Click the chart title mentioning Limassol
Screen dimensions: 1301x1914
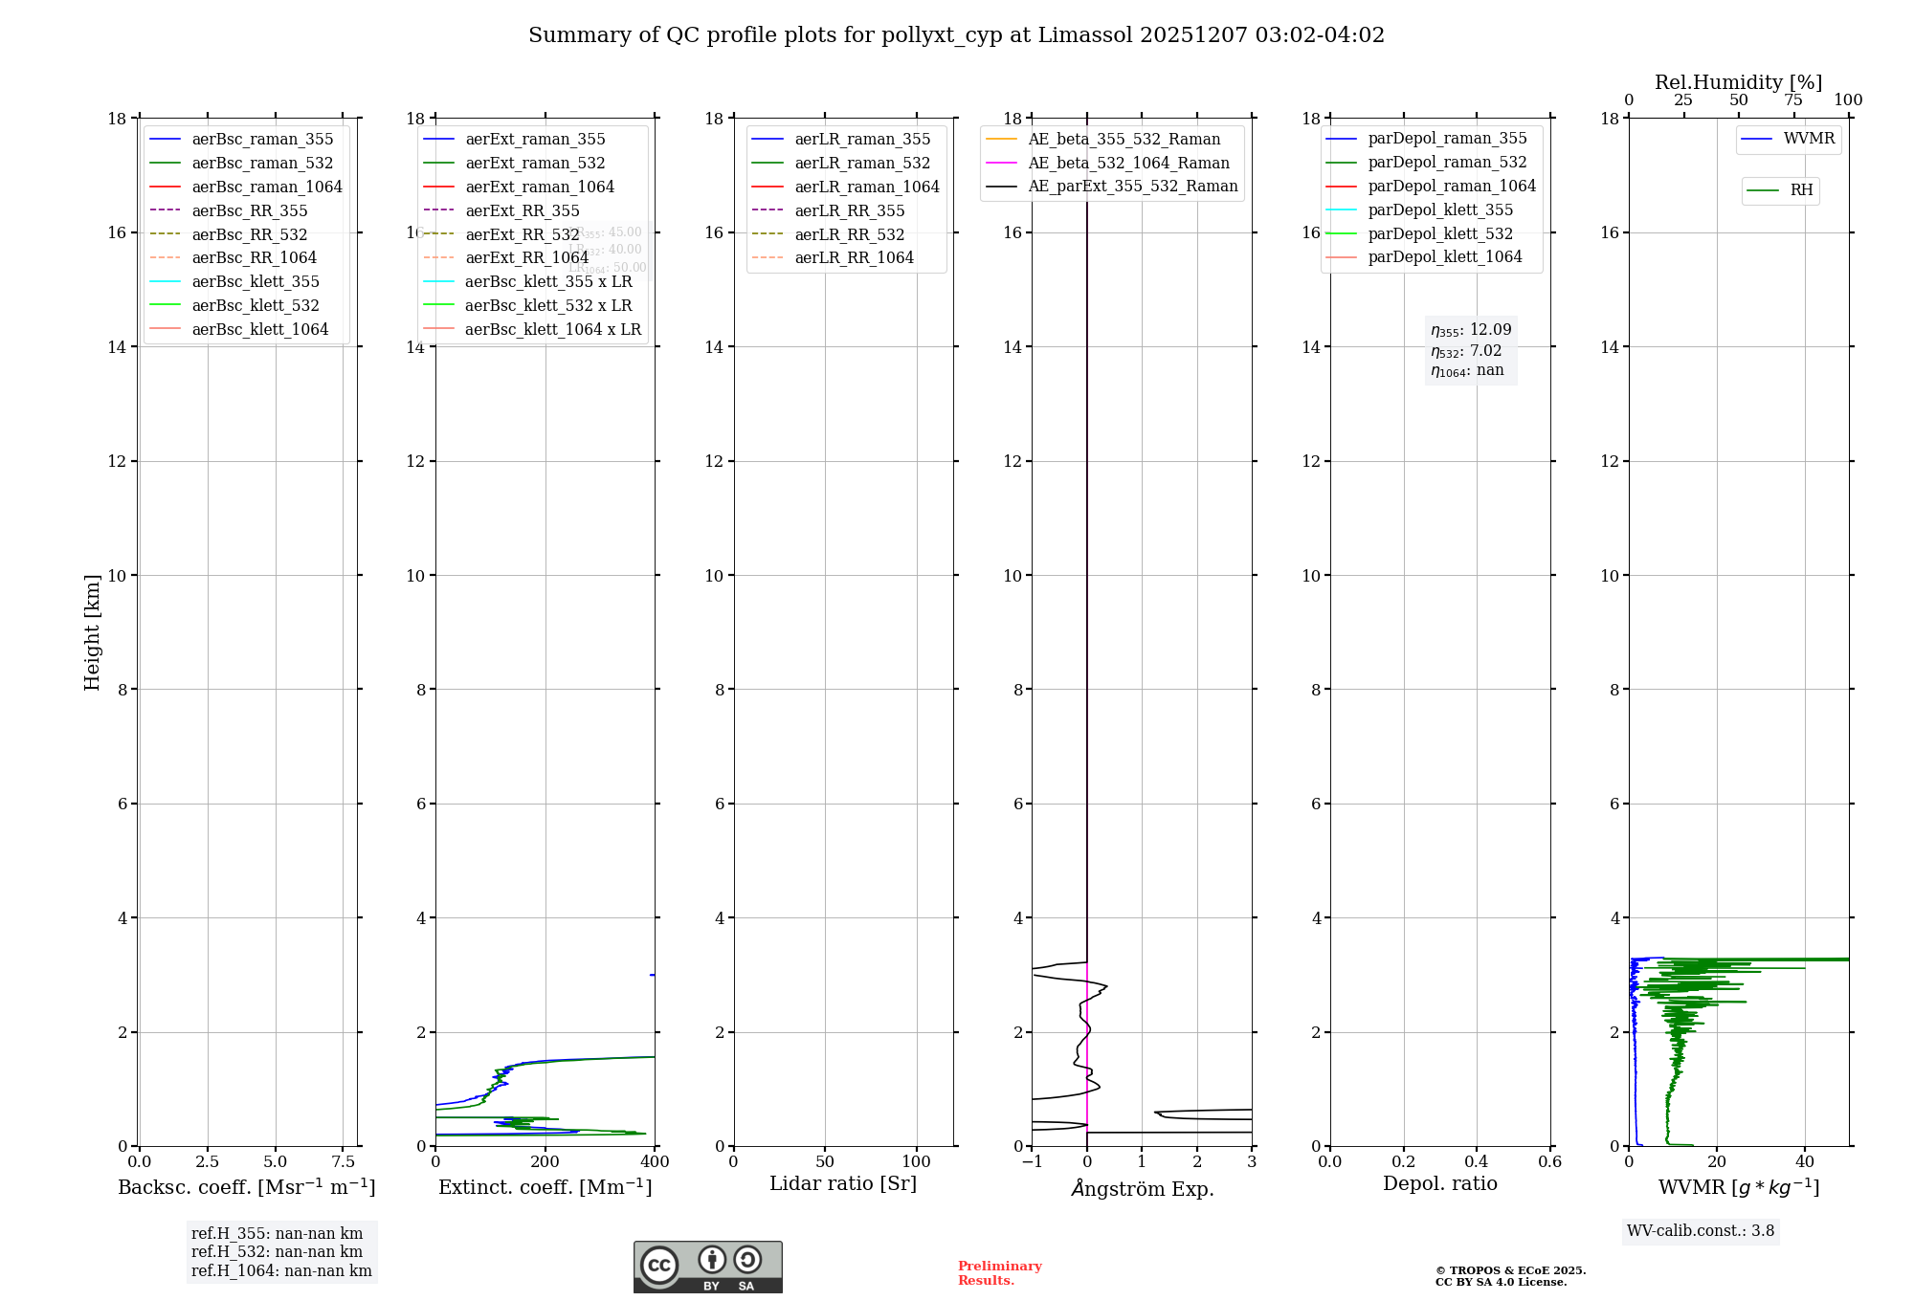pos(956,35)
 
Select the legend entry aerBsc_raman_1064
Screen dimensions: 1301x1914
pos(266,187)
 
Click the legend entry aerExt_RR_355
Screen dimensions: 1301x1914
pos(522,210)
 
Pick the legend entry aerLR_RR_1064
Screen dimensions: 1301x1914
pos(854,257)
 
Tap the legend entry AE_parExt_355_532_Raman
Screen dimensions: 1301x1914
pos(1132,186)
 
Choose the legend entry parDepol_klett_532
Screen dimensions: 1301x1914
pos(1440,233)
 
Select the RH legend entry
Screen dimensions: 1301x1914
pos(1801,190)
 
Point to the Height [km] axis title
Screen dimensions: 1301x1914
pos(92,631)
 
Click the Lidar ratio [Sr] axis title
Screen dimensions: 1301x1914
pos(843,1183)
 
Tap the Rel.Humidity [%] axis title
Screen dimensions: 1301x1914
pos(1738,82)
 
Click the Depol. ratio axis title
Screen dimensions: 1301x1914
pos(1439,1183)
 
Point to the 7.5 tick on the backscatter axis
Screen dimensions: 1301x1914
pos(343,1161)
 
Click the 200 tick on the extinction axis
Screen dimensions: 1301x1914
pos(545,1161)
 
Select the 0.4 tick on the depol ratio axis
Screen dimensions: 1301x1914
pos(1477,1161)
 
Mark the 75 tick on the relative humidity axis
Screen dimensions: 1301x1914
pos(1793,100)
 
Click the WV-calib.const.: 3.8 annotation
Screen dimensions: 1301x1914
pos(1700,1230)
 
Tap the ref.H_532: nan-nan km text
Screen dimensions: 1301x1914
pos(277,1251)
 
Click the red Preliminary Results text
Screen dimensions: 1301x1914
pos(999,1272)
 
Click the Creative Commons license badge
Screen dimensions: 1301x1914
pos(707,1267)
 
